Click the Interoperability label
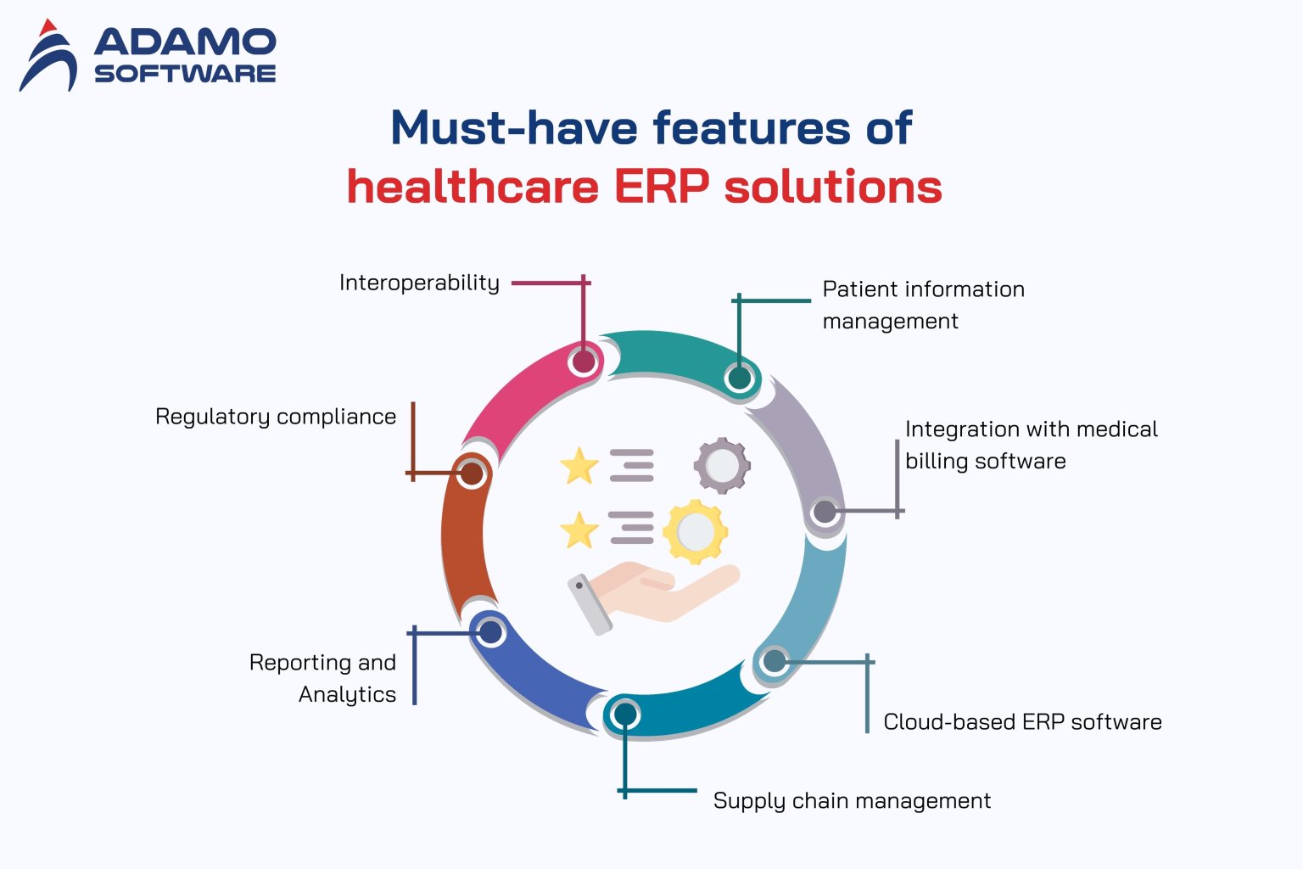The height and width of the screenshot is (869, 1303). point(419,283)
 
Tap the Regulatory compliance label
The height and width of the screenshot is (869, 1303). point(276,417)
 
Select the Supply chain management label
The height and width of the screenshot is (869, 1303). point(852,801)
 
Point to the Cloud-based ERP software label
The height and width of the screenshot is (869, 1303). point(1022,722)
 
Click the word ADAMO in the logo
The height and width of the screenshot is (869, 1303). point(185,42)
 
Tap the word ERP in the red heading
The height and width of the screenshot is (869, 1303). point(661,187)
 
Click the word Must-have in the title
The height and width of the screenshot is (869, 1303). point(513,128)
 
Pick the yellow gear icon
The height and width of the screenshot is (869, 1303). point(695,532)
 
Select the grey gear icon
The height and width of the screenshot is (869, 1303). point(722,465)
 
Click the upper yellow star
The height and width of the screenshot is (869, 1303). point(579,465)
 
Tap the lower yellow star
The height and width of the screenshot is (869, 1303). point(579,530)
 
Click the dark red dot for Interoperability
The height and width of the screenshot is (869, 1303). point(584,362)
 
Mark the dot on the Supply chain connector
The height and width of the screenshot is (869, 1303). point(625,715)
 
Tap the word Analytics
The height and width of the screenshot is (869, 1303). point(347,695)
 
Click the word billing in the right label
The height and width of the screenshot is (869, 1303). point(933,462)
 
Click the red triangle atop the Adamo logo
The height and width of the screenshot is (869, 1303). point(48,27)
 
